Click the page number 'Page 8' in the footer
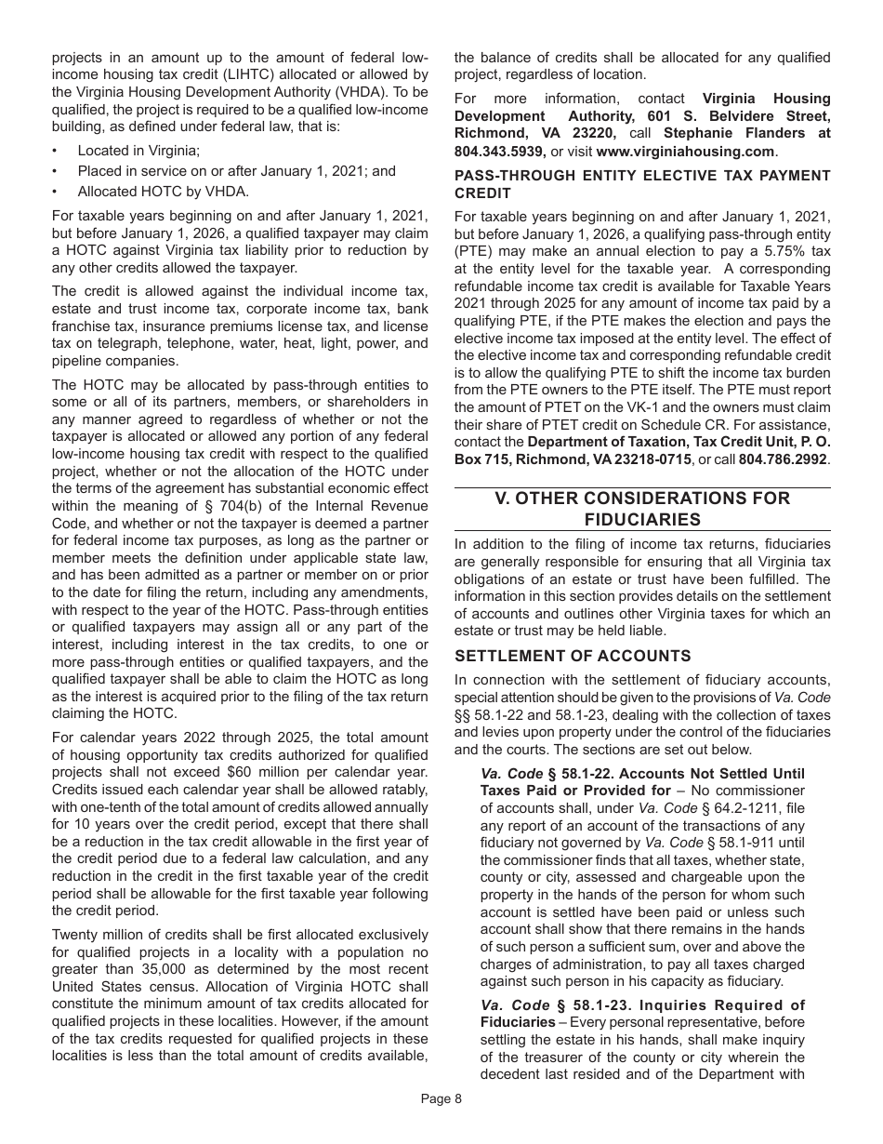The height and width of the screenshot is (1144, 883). (x=441, y=1098)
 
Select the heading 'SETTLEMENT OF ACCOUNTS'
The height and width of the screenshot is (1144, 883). (x=573, y=656)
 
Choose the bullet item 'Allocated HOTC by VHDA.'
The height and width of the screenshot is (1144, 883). (x=164, y=192)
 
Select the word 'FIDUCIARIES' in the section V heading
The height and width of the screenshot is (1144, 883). (x=642, y=519)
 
